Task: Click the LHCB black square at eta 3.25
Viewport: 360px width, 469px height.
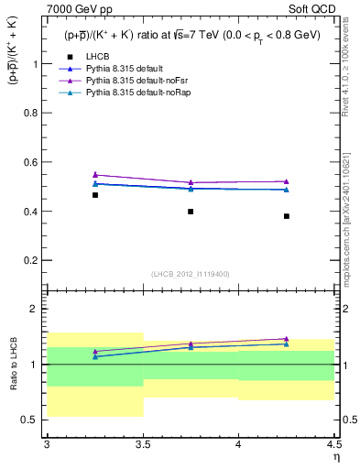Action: point(95,195)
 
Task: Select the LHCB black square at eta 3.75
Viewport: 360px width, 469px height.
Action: point(191,212)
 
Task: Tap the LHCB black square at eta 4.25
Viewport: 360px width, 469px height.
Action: point(287,216)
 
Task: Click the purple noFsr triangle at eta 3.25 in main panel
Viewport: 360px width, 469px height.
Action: point(95,174)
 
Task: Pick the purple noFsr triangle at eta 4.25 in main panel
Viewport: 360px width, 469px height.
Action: point(287,181)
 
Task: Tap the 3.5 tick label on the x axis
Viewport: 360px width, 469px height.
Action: point(142,446)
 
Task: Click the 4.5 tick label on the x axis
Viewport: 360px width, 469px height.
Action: point(333,446)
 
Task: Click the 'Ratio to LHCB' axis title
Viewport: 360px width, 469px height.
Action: point(13,364)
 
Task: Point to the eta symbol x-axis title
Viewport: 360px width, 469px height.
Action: point(336,457)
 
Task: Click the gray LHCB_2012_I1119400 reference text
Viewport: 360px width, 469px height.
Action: point(191,274)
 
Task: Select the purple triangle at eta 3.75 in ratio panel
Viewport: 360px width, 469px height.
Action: point(191,344)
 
